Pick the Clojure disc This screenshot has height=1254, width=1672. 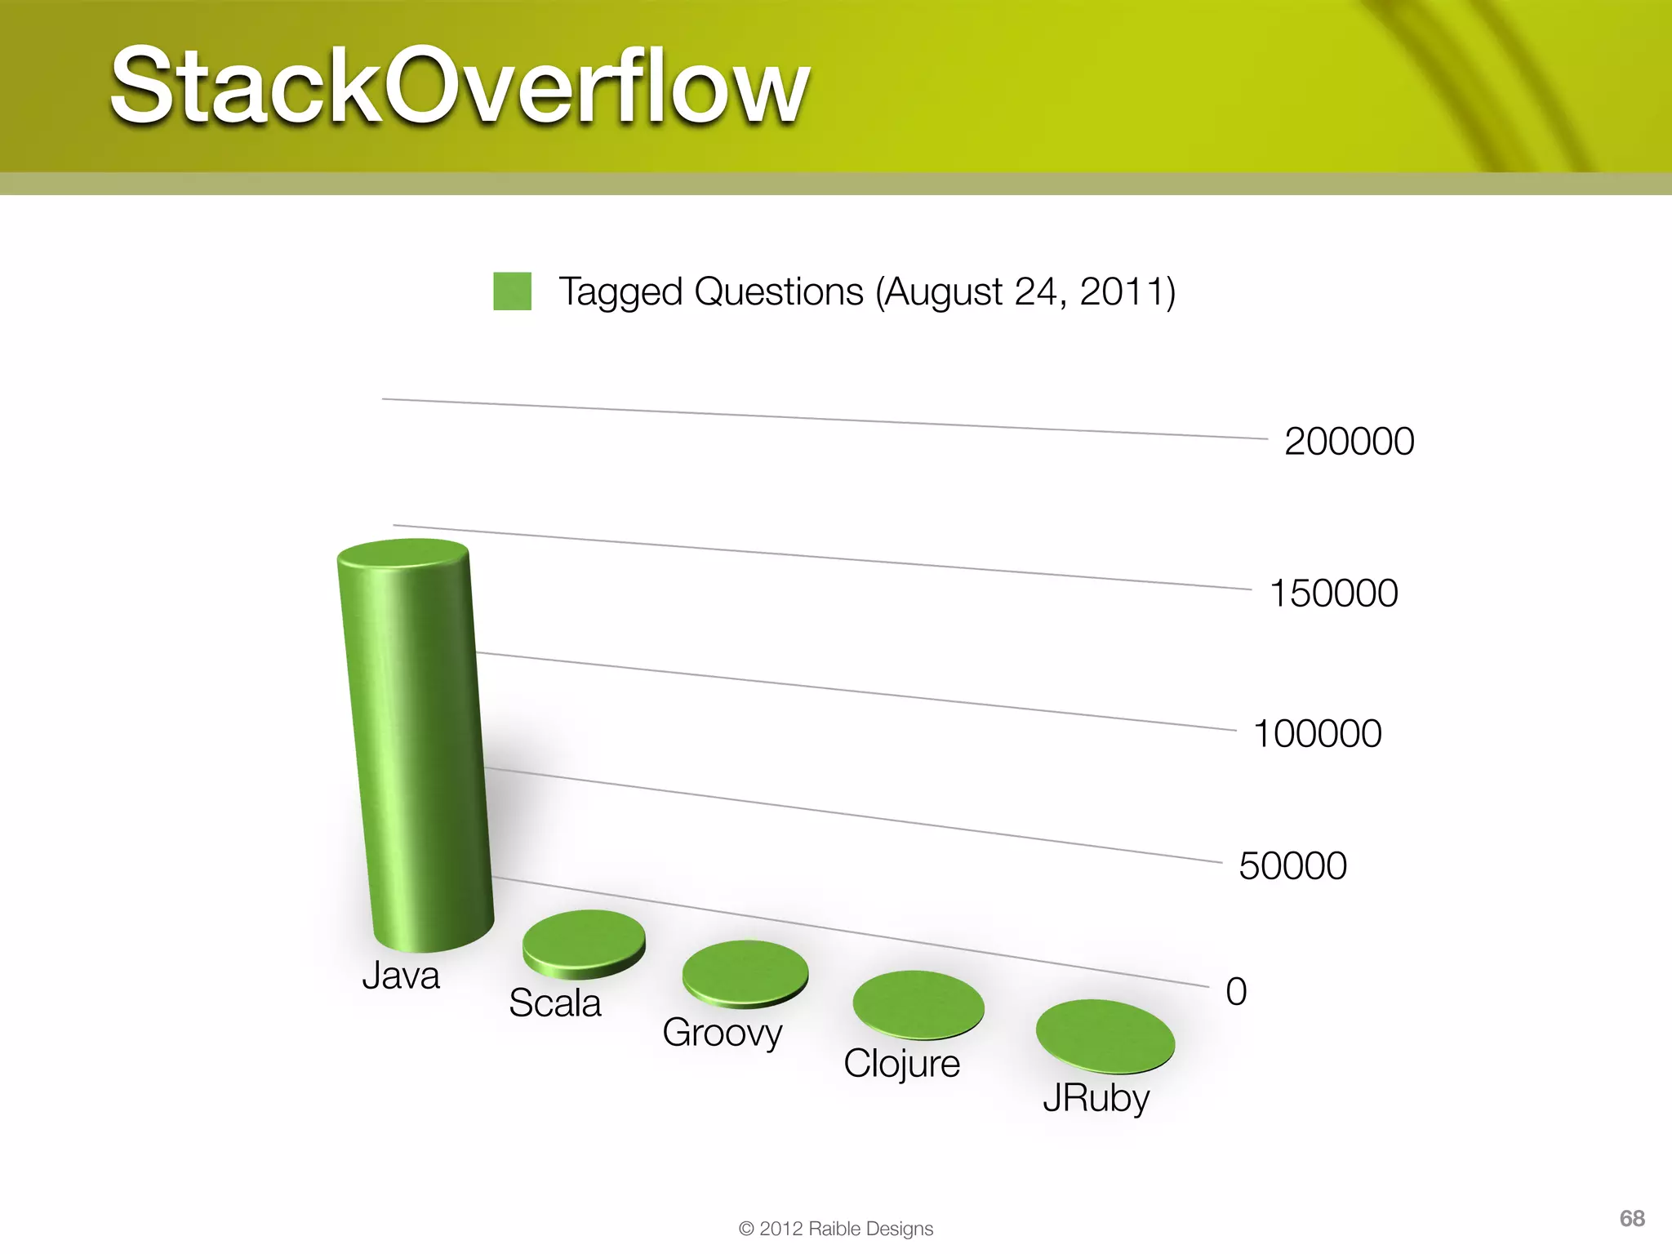point(918,1004)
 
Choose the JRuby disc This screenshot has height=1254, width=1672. point(1105,1036)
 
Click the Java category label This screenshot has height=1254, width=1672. point(401,976)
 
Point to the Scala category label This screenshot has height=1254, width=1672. point(554,1003)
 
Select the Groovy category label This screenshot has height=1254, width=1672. point(723,1034)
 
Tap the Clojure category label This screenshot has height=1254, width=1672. point(901,1064)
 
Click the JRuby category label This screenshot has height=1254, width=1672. point(1096,1098)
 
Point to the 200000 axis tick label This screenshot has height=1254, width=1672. point(1349,442)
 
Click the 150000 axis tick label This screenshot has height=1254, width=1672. point(1333,594)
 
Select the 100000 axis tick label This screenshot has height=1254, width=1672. point(1317,734)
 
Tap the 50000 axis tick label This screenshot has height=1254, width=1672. point(1292,866)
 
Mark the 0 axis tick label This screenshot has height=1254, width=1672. point(1236,992)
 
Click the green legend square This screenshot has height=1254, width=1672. point(512,291)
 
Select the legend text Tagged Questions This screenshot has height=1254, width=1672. point(866,292)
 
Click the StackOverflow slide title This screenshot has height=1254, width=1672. point(460,87)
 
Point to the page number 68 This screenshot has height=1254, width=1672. point(1631,1219)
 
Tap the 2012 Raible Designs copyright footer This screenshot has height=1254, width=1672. point(835,1229)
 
